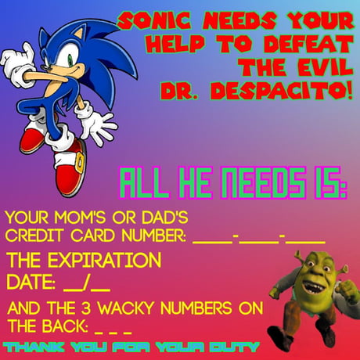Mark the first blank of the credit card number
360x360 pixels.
(x=211, y=238)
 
